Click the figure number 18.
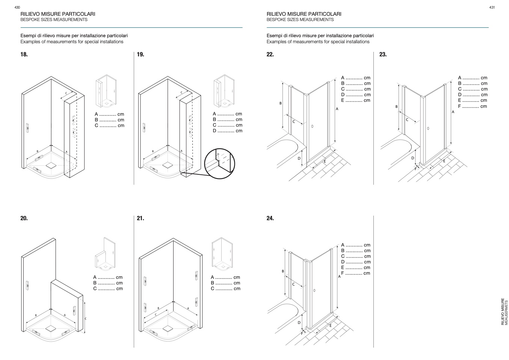click(24, 54)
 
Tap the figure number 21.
click(140, 218)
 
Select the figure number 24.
click(270, 218)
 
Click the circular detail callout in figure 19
click(219, 162)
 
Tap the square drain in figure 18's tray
click(51, 165)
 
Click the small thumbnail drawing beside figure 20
click(105, 254)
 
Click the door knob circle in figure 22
click(312, 126)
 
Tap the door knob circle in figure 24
click(314, 290)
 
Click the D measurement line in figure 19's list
click(227, 131)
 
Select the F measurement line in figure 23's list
click(472, 106)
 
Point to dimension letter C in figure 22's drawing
click(294, 122)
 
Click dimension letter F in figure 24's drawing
click(302, 333)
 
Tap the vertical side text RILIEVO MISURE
click(503, 312)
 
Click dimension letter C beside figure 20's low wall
click(85, 319)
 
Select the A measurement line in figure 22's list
click(355, 78)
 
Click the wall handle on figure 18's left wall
click(27, 128)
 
